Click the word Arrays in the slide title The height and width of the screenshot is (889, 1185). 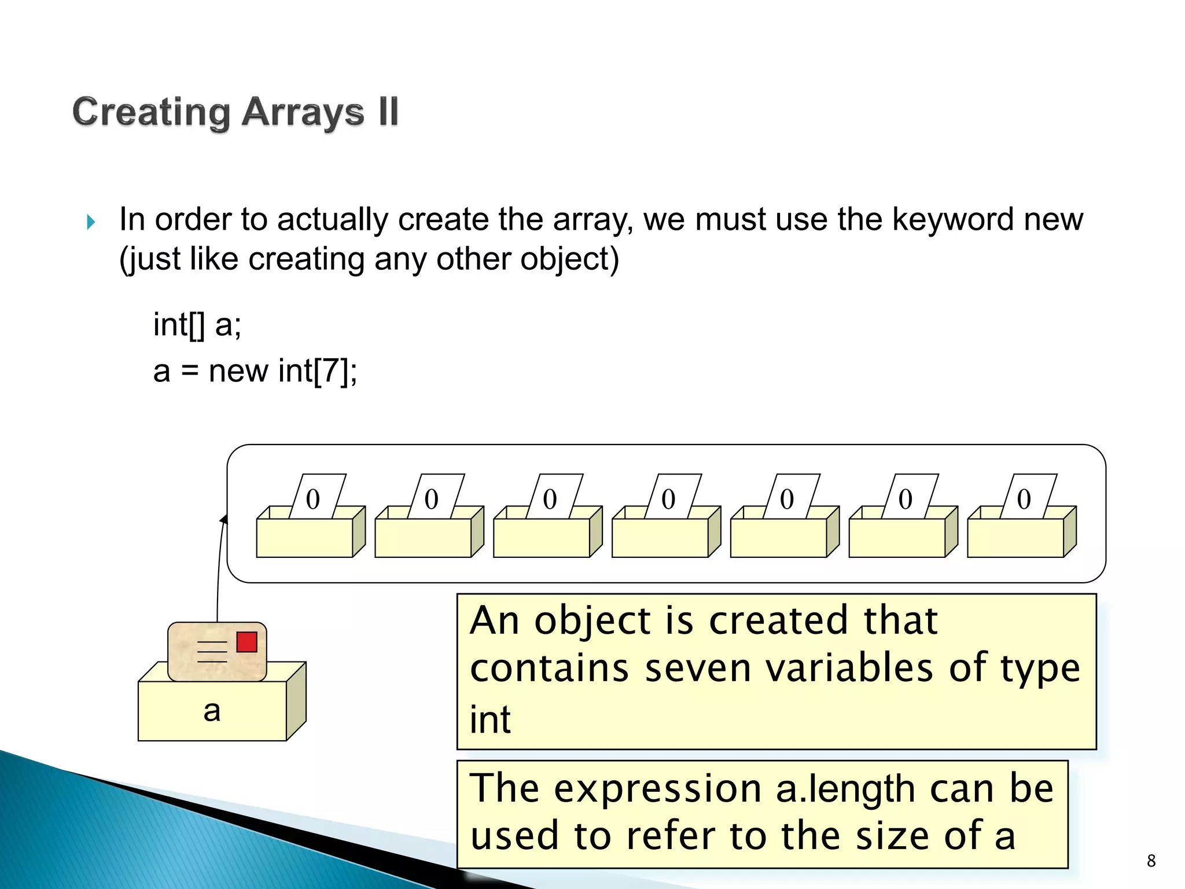(x=303, y=112)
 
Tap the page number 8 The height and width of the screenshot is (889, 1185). (x=1151, y=861)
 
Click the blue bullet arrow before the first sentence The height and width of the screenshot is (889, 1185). (x=91, y=222)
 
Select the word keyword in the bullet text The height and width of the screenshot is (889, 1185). (x=952, y=220)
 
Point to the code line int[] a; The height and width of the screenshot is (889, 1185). (x=197, y=324)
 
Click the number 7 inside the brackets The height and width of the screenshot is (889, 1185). (x=331, y=370)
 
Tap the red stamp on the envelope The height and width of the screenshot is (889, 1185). (x=246, y=642)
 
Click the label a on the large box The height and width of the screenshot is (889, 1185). (x=212, y=711)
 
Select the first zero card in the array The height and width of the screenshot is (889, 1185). (x=313, y=498)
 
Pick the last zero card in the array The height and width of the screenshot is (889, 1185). (x=1024, y=498)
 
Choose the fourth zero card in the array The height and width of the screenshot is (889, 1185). (x=668, y=498)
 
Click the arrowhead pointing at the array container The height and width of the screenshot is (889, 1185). (x=224, y=519)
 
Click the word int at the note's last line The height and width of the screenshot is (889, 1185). (x=490, y=719)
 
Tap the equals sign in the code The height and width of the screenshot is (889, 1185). (x=189, y=372)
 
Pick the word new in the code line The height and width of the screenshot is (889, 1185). (x=238, y=371)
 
